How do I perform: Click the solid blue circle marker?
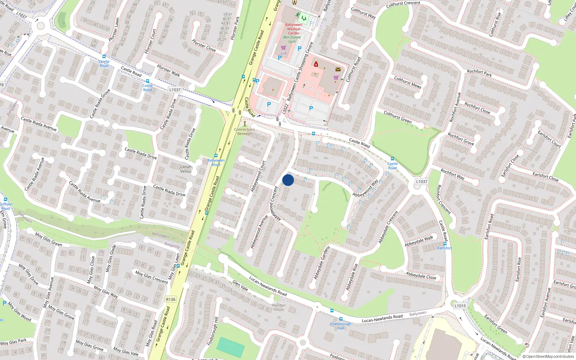click(288, 180)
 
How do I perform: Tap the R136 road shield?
click(171, 300)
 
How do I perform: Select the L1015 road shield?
click(460, 306)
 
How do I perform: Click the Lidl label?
click(284, 53)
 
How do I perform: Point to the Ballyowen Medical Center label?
click(294, 29)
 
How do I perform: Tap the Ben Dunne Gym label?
click(292, 39)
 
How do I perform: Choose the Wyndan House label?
click(279, 307)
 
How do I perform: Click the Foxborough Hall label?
click(341, 326)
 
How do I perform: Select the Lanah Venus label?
click(186, 169)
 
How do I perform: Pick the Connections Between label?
click(245, 131)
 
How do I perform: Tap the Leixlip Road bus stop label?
click(104, 63)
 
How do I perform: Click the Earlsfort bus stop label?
click(445, 248)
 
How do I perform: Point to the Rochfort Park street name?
click(479, 73)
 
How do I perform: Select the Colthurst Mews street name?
click(408, 82)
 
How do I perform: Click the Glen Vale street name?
click(240, 285)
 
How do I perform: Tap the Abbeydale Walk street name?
click(419, 241)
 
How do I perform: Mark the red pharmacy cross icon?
click(316, 64)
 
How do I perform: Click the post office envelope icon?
click(338, 69)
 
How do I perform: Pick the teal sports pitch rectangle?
click(230, 347)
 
